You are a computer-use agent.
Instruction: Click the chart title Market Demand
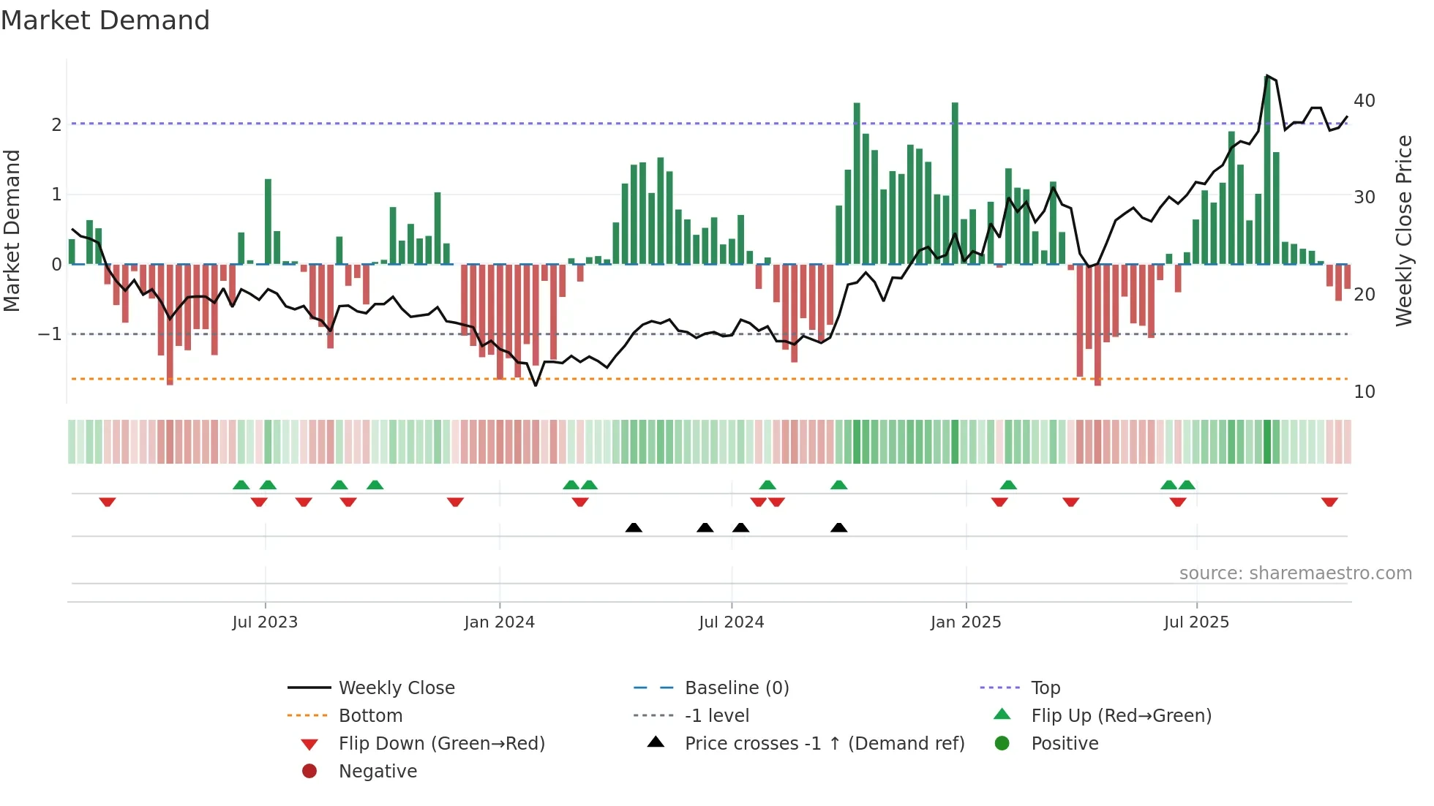click(x=105, y=20)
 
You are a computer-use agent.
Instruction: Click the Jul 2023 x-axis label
click(x=265, y=622)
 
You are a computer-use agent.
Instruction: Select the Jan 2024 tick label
click(x=499, y=622)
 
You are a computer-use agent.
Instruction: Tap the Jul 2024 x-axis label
click(x=731, y=622)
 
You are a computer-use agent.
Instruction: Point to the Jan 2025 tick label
click(x=966, y=622)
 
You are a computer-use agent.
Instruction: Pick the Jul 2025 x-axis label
click(x=1196, y=622)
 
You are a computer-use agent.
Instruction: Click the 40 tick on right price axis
click(x=1364, y=101)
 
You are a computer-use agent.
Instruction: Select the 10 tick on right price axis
click(x=1364, y=392)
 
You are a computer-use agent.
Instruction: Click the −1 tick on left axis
click(x=50, y=334)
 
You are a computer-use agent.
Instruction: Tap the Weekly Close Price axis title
click(x=1403, y=231)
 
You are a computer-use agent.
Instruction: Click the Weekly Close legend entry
click(x=396, y=688)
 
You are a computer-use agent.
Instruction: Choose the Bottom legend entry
click(x=370, y=716)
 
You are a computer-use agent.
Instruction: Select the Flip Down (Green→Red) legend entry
click(x=441, y=744)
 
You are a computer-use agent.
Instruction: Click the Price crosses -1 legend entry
click(x=824, y=744)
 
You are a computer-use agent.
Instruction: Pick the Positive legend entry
click(x=1065, y=744)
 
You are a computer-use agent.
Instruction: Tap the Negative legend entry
click(x=378, y=772)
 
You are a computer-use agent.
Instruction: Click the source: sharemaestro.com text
click(x=1295, y=573)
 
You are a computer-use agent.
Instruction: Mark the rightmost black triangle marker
click(x=839, y=528)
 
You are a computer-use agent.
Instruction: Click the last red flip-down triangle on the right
click(x=1329, y=502)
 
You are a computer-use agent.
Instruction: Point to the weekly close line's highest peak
click(x=1266, y=76)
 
